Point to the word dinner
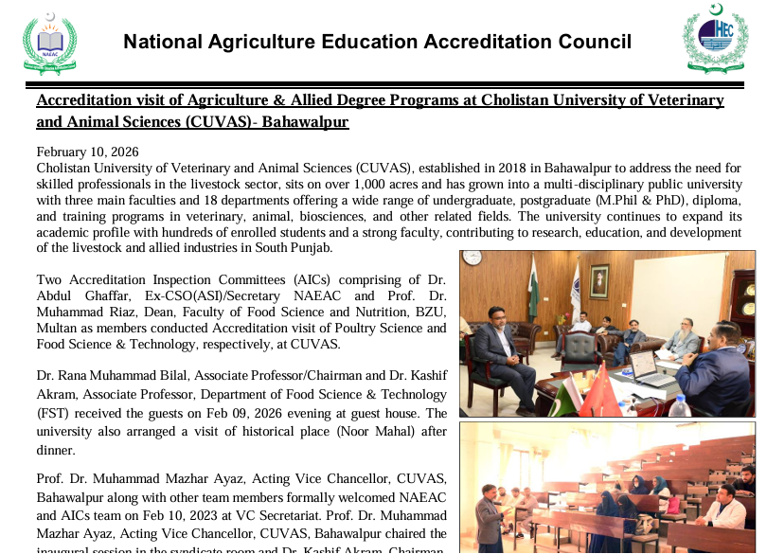pos(57,447)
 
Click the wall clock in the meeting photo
pos(473,259)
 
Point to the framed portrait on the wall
pos(598,281)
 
